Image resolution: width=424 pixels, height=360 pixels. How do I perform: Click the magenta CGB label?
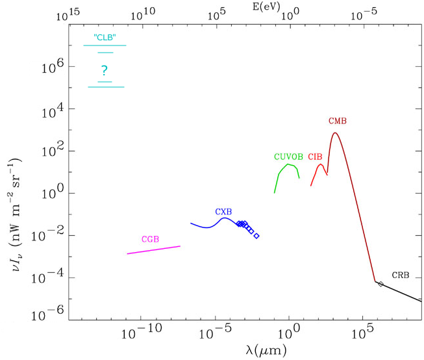coord(150,239)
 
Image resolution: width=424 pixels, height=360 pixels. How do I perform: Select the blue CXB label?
coord(223,212)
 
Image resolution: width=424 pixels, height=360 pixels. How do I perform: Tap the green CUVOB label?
coord(288,157)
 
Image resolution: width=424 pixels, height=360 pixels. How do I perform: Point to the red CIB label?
coord(315,157)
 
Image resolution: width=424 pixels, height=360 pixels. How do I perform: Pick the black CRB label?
coord(401,276)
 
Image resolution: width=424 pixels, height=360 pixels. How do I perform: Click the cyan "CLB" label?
coord(104,37)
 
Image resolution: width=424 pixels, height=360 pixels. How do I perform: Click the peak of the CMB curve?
coord(335,133)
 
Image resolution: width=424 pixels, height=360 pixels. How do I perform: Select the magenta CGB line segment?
coord(153,250)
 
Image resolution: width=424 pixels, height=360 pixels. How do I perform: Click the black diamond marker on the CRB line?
coord(380,284)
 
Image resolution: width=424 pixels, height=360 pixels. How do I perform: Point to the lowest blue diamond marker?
coord(256,236)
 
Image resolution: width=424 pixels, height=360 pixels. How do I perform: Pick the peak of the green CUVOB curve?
coord(288,164)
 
